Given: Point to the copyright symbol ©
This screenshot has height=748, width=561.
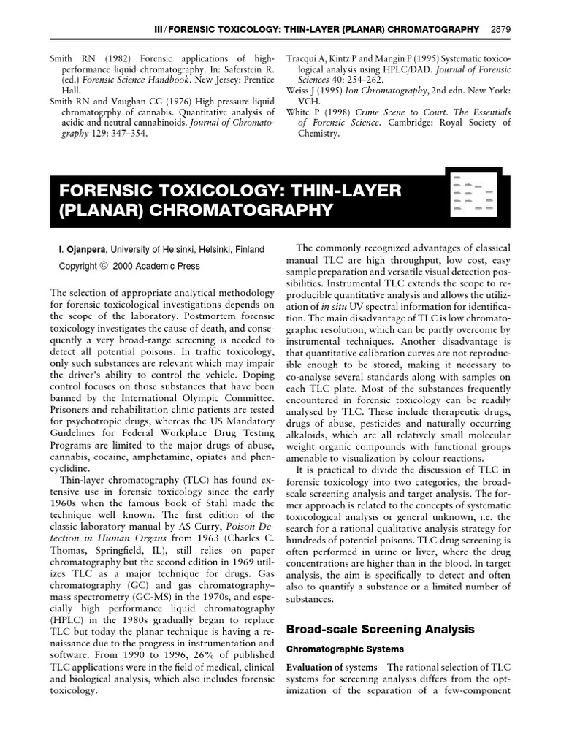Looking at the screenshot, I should [x=103, y=266].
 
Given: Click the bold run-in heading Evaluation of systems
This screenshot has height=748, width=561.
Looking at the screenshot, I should [x=332, y=668].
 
